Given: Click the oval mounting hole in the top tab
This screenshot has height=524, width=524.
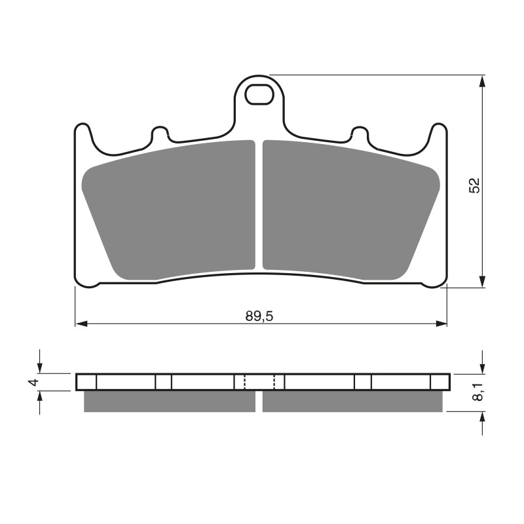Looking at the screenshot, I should [x=259, y=95].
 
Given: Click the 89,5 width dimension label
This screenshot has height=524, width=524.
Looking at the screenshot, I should [x=259, y=316].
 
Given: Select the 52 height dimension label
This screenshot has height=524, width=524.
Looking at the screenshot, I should [x=475, y=185].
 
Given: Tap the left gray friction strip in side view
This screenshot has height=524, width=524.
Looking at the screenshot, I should [x=170, y=402].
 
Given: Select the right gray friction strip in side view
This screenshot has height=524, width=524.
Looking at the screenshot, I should [x=352, y=402].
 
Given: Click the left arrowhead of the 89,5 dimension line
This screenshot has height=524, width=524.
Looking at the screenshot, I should [x=81, y=324].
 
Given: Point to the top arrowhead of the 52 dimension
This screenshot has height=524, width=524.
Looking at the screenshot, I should [x=483, y=81].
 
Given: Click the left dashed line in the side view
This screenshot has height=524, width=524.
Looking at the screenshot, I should [x=244, y=382].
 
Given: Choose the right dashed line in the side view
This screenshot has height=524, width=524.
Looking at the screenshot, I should [x=274, y=382].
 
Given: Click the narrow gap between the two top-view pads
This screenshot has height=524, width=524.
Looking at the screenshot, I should [x=259, y=206].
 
